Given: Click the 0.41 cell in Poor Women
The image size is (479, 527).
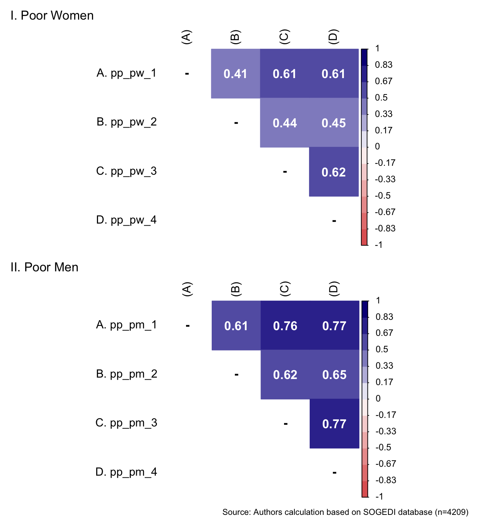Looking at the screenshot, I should pos(235,74).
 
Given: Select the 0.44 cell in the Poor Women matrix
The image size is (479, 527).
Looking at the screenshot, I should pos(285,123).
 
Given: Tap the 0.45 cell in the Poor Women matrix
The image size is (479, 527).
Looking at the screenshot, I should pos(334,123).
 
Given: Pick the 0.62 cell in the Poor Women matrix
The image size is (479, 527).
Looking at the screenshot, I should pos(334,172).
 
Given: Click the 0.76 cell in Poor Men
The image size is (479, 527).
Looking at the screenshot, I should pos(285,326).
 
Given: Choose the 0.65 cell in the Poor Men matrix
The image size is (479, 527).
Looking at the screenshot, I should pos(334,375).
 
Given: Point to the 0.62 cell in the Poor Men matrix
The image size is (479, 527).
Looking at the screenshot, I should pos(285,375).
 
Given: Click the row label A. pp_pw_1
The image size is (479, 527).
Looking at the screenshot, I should pos(127,73).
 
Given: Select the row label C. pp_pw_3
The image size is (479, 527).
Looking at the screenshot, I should pos(127,171).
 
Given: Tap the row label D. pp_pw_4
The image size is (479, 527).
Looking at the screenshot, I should pos(127,220).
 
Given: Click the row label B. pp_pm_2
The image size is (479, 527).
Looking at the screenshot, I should pos(127,374).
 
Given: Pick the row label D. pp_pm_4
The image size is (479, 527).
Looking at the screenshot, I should pos(127,472).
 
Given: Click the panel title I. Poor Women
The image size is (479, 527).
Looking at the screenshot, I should pos(52,16).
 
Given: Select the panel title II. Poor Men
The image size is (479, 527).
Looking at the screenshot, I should pos(45,267).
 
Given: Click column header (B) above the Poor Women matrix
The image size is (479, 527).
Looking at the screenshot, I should pos(236,37).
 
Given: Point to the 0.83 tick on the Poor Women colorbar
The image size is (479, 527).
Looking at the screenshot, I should pos(383,65).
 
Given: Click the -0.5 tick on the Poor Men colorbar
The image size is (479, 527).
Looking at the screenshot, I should pos(383,447).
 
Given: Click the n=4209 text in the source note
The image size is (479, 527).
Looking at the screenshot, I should pos(452,512).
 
